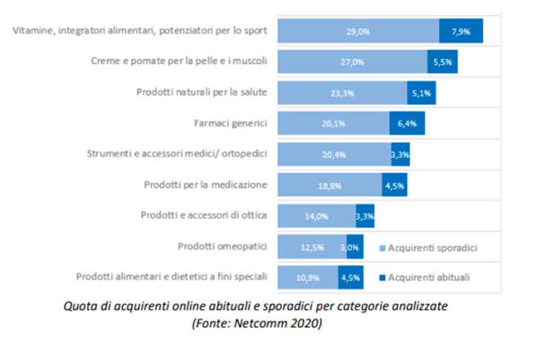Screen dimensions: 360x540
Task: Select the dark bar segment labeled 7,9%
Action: point(461,31)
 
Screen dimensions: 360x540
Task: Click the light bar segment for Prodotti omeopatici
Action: point(311,246)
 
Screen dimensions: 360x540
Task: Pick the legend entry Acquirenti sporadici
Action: point(433,248)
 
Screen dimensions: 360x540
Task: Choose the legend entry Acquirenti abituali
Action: point(432,276)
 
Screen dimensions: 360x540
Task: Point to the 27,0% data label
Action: point(352,62)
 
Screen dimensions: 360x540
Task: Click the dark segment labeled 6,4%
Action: point(407,123)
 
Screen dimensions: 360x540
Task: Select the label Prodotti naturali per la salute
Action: point(202,92)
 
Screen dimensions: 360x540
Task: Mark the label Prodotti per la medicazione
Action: point(204,185)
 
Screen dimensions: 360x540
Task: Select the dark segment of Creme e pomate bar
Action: point(442,62)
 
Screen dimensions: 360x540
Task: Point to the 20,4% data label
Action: point(333,154)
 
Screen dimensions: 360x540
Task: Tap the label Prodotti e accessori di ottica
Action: point(203,215)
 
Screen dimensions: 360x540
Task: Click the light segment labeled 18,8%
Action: point(329,185)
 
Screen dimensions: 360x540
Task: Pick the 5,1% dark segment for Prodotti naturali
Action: point(421,92)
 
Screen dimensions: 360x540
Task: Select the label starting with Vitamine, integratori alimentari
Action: point(140,30)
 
